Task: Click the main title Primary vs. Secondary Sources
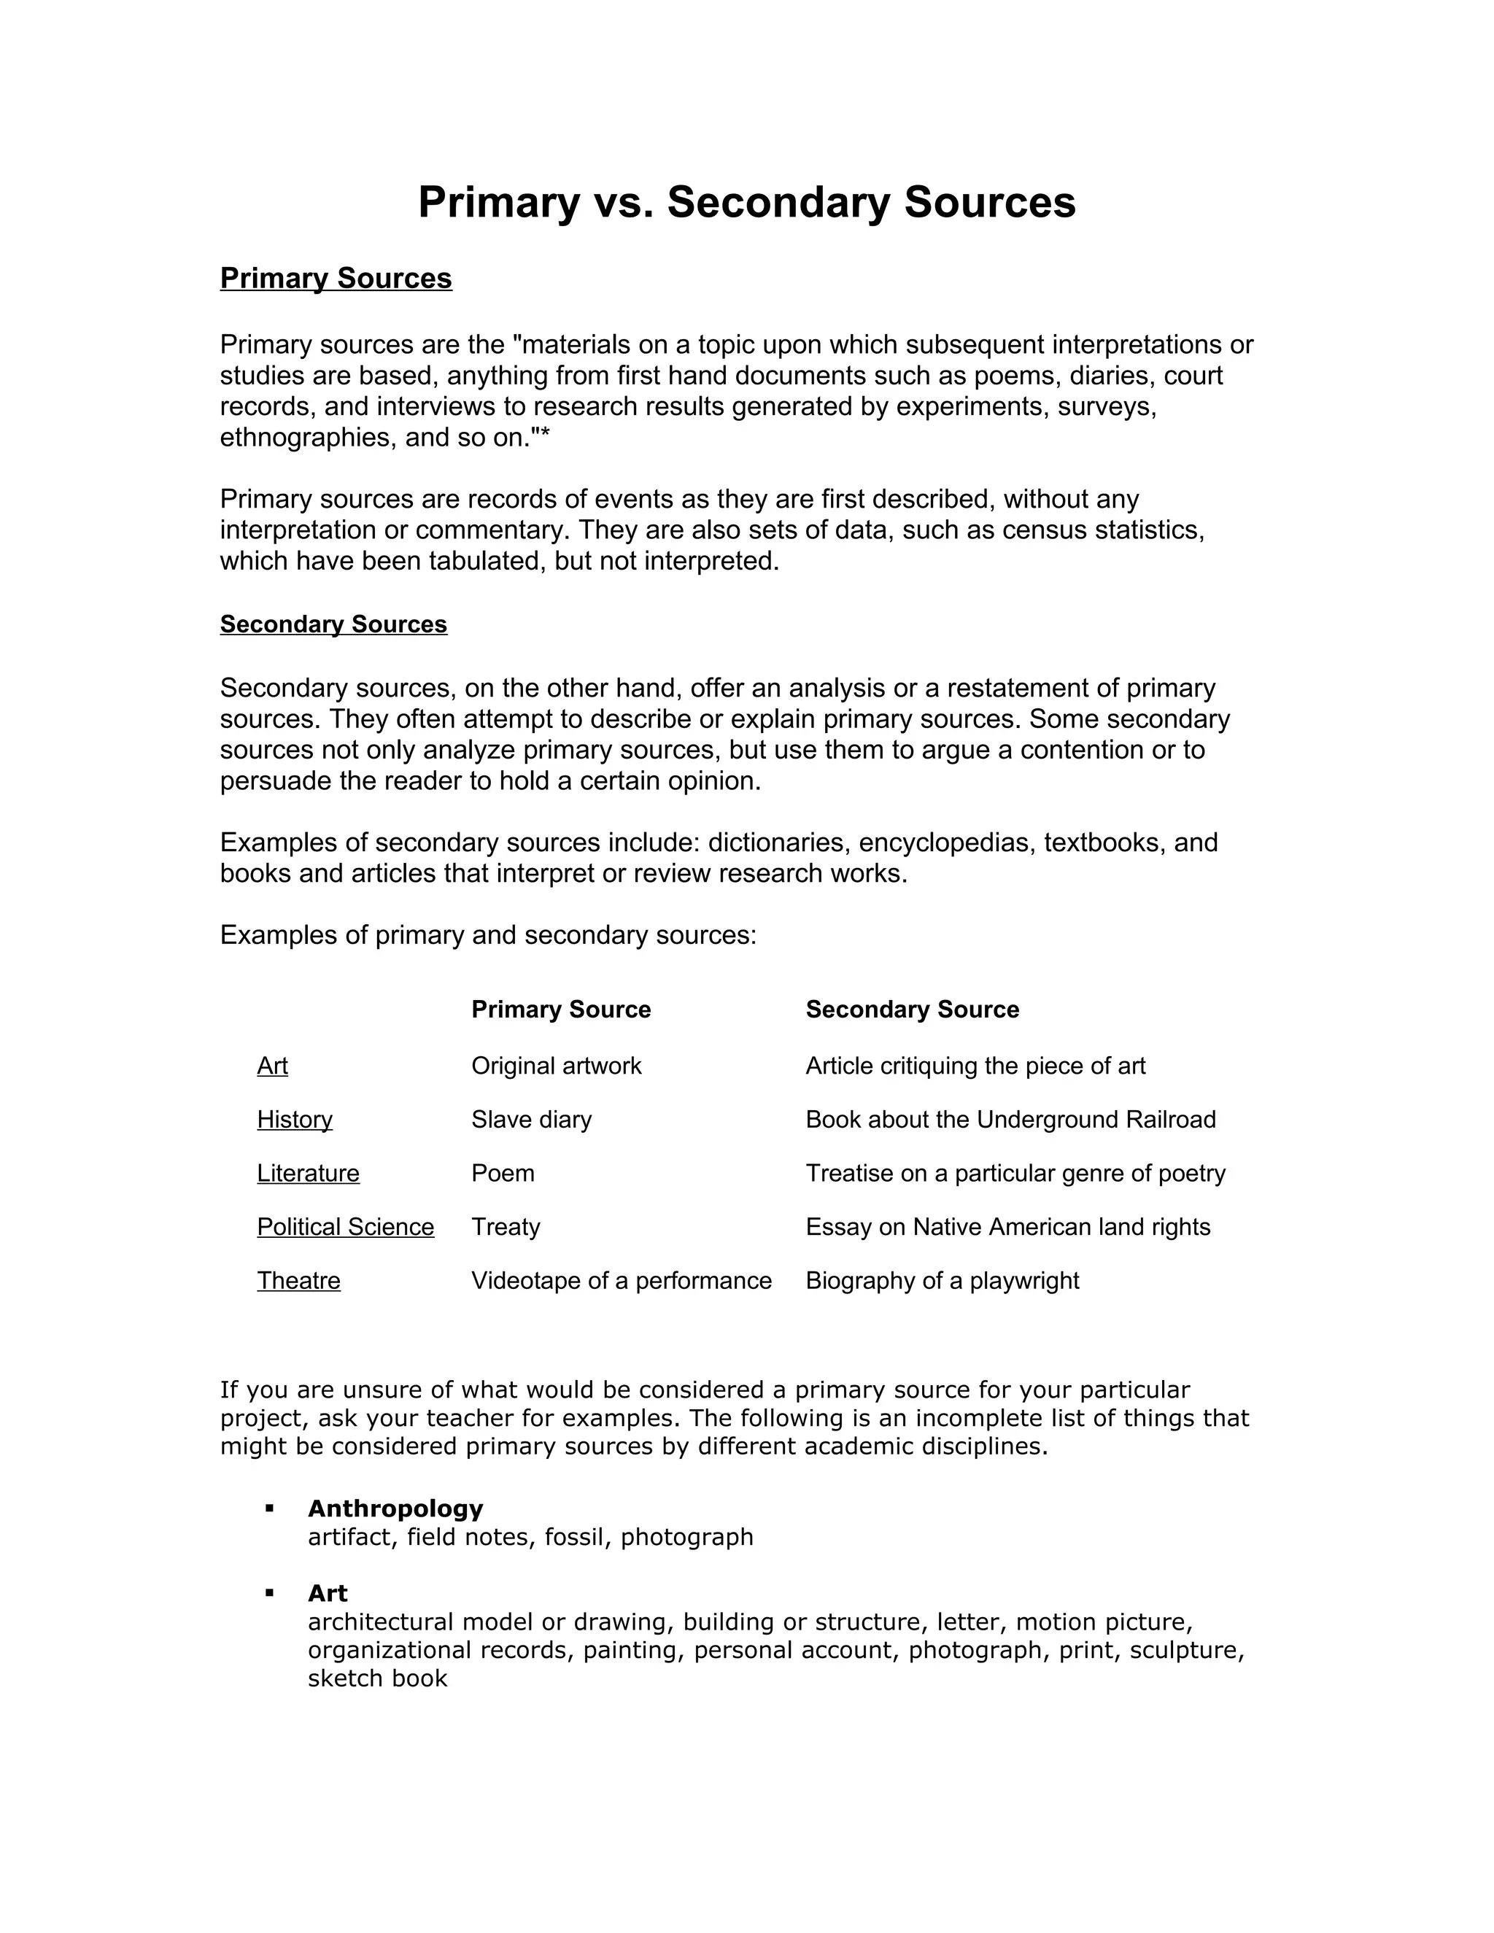point(746,202)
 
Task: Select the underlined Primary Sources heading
point(336,278)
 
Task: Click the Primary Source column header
point(560,1009)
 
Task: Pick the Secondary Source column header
point(912,1009)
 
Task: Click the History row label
point(295,1119)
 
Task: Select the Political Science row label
point(345,1227)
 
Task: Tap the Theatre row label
point(298,1281)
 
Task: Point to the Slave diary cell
point(531,1119)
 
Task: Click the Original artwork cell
point(556,1066)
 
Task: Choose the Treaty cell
point(506,1227)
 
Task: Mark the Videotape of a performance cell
point(622,1281)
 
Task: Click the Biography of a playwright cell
point(942,1281)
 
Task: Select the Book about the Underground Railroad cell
point(1010,1119)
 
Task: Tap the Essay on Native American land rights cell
point(1007,1227)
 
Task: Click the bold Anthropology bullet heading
point(395,1508)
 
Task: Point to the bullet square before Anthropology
point(269,1507)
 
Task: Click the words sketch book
point(377,1679)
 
